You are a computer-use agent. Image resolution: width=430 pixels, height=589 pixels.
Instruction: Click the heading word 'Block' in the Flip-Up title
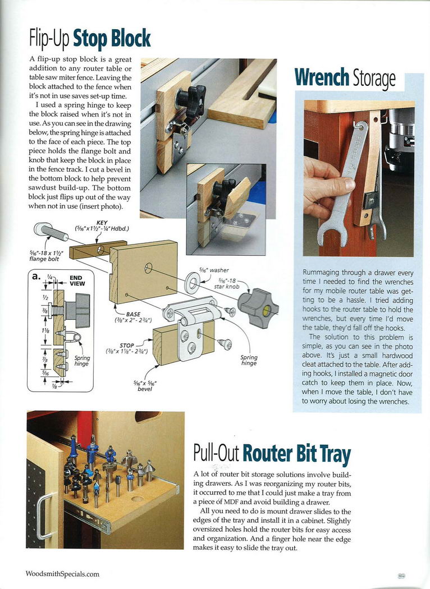coord(129,39)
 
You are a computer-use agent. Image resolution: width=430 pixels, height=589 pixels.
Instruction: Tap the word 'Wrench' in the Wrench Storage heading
coord(321,78)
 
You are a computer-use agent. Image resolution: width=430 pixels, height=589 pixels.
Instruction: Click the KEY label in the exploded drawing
coord(102,223)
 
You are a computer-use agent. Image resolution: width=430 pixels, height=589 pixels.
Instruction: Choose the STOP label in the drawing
coord(127,346)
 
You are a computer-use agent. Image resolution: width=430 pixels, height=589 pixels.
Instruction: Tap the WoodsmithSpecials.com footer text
coord(62,574)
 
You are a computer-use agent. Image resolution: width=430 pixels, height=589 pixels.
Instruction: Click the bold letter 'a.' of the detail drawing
coord(37,277)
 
